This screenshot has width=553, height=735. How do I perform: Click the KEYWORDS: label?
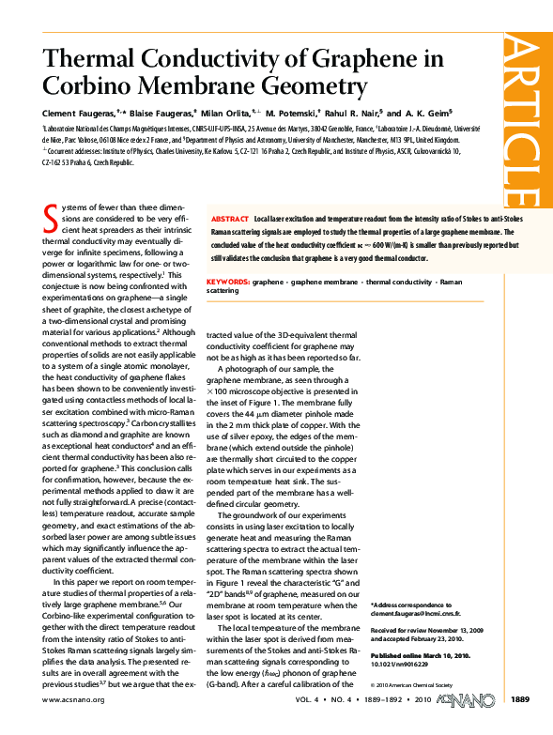227,282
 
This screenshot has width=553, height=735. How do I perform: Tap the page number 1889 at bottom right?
520,724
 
